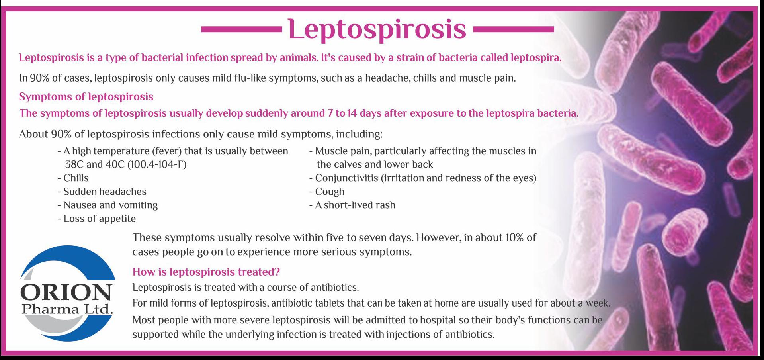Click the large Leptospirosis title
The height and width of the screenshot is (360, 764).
[x=377, y=29]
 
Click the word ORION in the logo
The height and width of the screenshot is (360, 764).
[x=66, y=293]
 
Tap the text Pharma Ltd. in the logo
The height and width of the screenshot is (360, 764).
[x=68, y=309]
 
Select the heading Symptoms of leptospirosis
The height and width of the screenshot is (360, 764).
[x=86, y=97]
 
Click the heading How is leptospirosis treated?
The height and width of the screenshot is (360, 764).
[x=206, y=272]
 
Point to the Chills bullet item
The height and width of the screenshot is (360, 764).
[x=73, y=178]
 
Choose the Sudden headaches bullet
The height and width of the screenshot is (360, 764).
[x=102, y=192]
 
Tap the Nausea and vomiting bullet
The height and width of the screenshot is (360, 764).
[x=107, y=205]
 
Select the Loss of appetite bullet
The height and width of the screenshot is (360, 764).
[x=97, y=219]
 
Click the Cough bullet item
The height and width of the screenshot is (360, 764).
[x=327, y=192]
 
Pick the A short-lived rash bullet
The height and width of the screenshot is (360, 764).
[x=352, y=205]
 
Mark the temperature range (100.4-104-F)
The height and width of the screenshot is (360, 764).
[x=157, y=164]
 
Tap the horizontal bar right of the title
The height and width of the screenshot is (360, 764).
[x=513, y=29]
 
